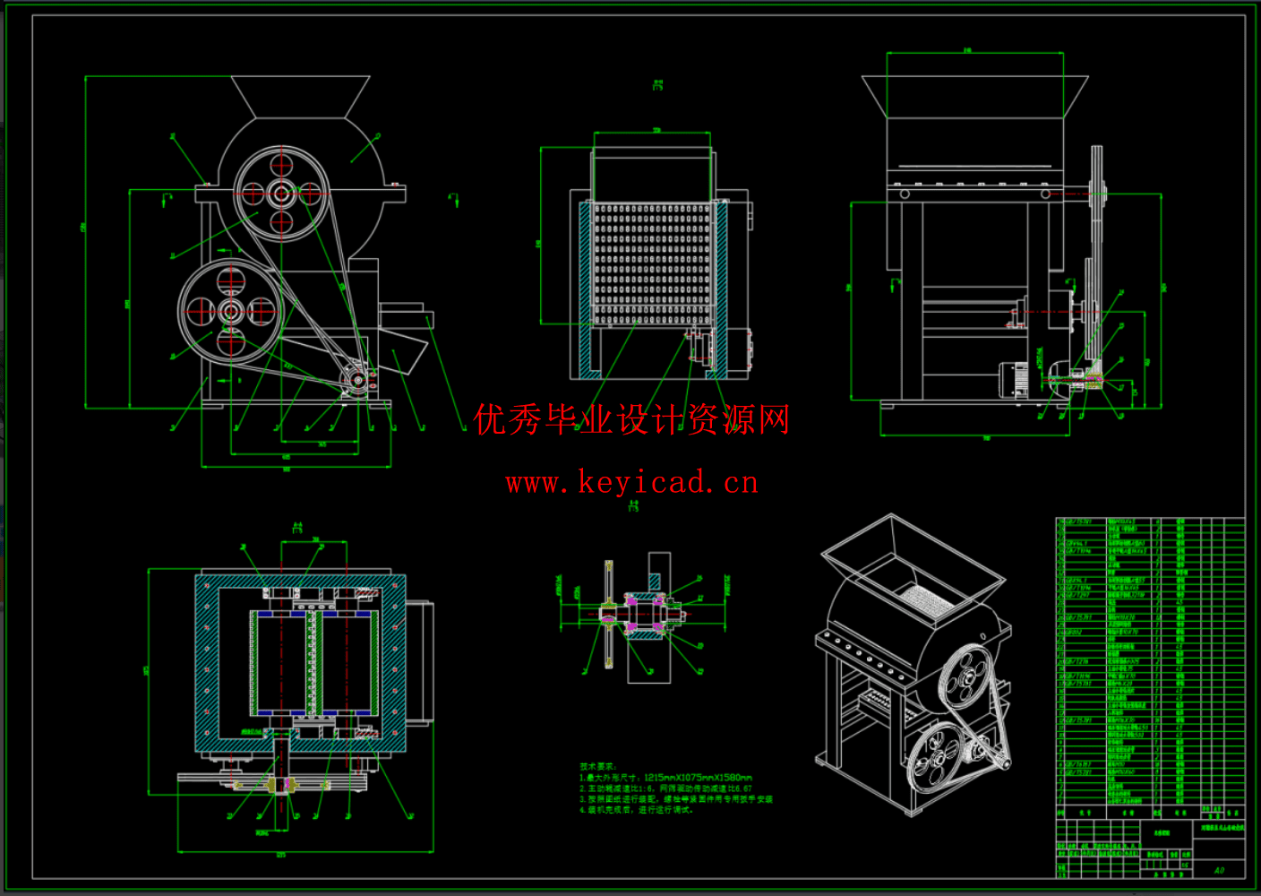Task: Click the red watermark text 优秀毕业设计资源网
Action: pos(631,419)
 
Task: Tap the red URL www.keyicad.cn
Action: pos(631,483)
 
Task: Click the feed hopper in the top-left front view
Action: pos(301,96)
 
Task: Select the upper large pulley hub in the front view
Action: pos(282,194)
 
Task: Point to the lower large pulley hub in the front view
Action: pos(230,312)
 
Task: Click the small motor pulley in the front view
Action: pos(357,379)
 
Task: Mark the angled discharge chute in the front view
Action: pos(407,355)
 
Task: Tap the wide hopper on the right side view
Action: pos(974,97)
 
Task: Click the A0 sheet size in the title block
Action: pos(1219,870)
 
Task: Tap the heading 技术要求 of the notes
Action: pos(597,767)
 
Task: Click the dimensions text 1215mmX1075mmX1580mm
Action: pos(698,778)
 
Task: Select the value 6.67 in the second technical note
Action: pos(742,788)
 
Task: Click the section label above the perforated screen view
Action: pos(657,85)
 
